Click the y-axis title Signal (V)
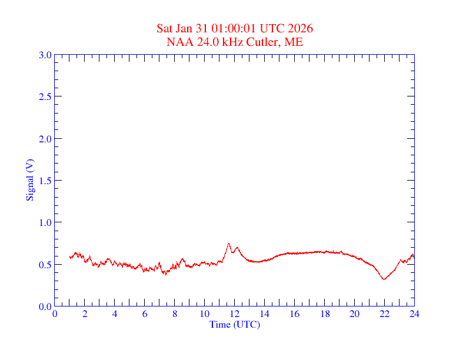coord(29,180)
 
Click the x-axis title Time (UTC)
coord(235,324)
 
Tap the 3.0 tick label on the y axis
coord(45,55)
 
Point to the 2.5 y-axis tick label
coord(45,96)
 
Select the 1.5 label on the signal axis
coord(45,181)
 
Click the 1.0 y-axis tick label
coord(45,222)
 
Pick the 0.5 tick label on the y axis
coord(45,265)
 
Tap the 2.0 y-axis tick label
coord(45,139)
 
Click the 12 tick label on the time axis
coord(235,314)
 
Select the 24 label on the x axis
coord(414,314)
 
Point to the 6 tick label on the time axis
coord(145,314)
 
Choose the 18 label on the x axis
coord(324,314)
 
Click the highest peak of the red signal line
coord(229,244)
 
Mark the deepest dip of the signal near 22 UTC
coord(384,279)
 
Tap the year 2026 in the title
coord(300,29)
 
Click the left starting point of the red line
coord(70,257)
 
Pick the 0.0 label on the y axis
coord(45,306)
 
